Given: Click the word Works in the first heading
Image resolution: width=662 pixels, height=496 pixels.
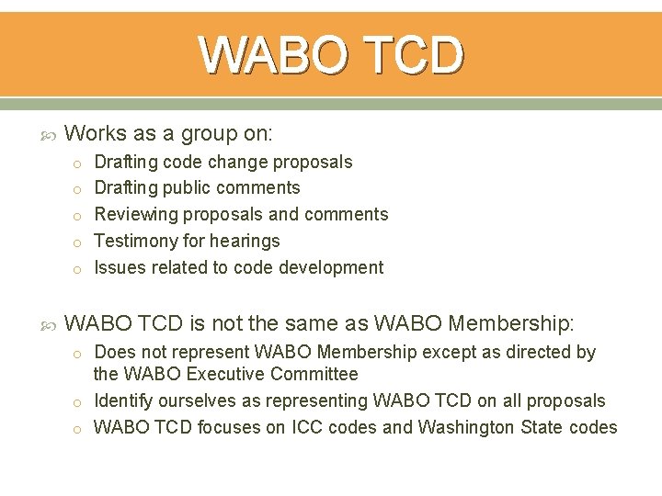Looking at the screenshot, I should (96, 134).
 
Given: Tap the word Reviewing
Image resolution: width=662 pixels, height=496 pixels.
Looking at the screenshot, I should (136, 215).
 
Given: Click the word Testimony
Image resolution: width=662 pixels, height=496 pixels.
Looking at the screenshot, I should (136, 242).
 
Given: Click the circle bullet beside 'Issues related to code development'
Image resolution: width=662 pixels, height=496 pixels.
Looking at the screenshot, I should (79, 269).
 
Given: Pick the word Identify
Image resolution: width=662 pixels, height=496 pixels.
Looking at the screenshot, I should (124, 401).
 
